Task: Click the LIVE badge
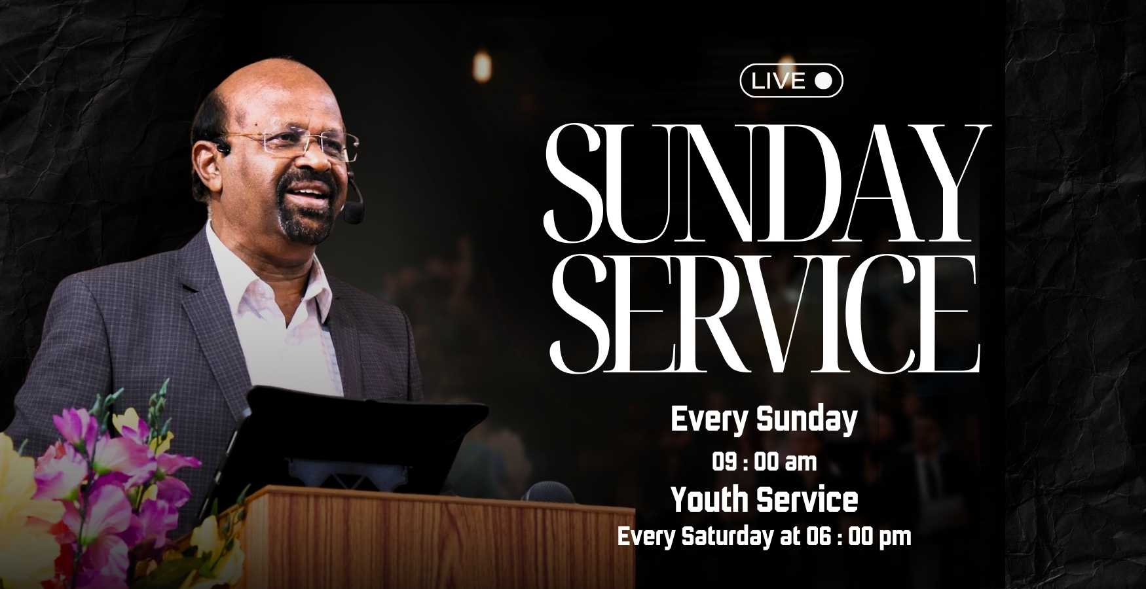(791, 80)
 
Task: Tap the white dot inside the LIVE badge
(823, 80)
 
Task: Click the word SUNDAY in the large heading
(766, 183)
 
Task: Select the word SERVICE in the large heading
(764, 312)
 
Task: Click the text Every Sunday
(764, 419)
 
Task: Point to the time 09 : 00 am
(764, 463)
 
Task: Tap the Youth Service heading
(764, 500)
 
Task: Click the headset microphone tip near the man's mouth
(354, 213)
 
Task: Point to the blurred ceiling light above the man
(482, 66)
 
